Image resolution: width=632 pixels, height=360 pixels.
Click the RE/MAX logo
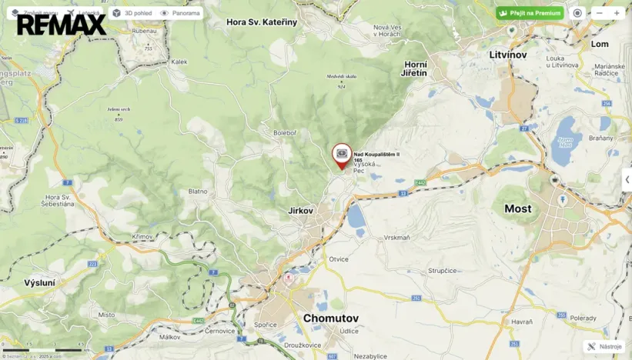point(62,25)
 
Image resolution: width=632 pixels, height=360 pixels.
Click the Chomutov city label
point(330,318)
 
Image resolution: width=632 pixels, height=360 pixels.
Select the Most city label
point(517,208)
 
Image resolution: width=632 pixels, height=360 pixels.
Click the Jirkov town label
point(300,210)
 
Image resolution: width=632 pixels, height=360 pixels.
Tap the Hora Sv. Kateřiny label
point(262,22)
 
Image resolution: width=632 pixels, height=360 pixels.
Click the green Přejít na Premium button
point(530,13)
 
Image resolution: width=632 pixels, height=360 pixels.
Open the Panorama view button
point(180,13)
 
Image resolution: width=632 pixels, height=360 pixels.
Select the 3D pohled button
point(132,13)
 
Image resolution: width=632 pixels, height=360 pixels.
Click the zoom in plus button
point(617,13)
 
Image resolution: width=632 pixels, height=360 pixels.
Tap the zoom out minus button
point(600,13)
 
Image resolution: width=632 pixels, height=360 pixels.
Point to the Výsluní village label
point(39,283)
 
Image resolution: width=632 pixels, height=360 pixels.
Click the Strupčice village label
point(443,271)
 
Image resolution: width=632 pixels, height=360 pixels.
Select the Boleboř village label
point(284,133)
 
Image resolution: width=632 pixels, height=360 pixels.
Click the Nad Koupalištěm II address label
point(376,155)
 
